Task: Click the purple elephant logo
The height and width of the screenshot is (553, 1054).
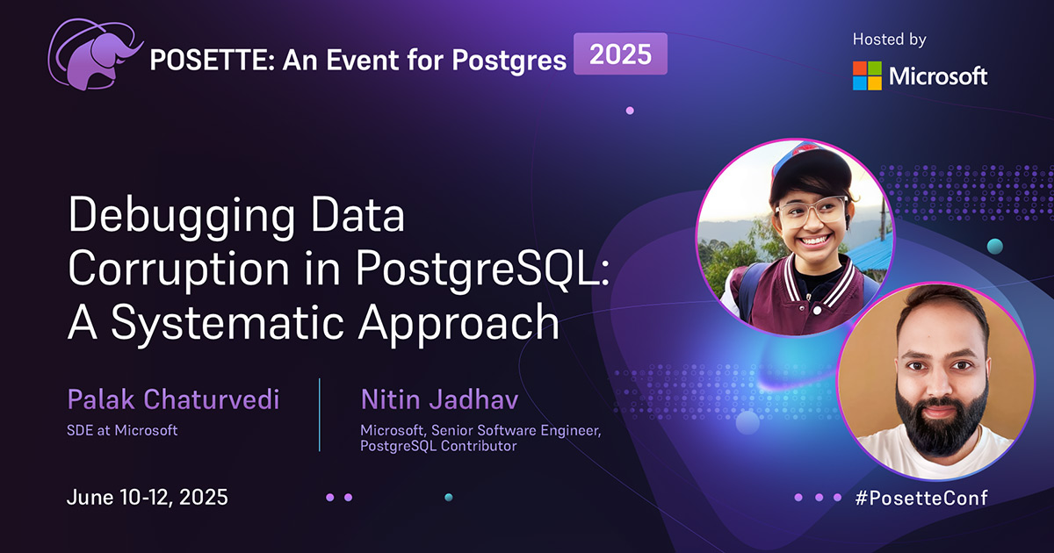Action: click(x=94, y=55)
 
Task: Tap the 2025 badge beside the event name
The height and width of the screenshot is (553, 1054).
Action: click(x=620, y=54)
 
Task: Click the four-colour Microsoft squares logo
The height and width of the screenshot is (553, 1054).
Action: click(x=867, y=75)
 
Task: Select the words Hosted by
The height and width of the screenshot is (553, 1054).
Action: click(x=889, y=39)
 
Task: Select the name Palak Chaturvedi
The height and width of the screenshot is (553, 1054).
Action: click(x=173, y=399)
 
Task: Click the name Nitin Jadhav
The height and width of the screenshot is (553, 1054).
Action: click(x=439, y=399)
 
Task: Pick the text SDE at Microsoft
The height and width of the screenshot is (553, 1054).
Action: click(x=122, y=430)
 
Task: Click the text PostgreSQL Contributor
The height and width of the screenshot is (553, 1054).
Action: click(x=438, y=446)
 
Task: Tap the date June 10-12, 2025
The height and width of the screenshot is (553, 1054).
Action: click(x=148, y=498)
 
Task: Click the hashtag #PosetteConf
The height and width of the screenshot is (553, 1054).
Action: click(x=921, y=498)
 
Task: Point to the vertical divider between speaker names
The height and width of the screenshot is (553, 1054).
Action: click(x=320, y=414)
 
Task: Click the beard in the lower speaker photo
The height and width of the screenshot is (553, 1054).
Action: click(x=940, y=419)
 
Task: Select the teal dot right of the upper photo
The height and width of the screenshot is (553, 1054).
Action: click(x=994, y=247)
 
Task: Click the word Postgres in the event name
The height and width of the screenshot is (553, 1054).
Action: click(x=509, y=61)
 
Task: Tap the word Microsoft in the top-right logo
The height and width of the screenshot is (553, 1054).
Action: click(x=938, y=76)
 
